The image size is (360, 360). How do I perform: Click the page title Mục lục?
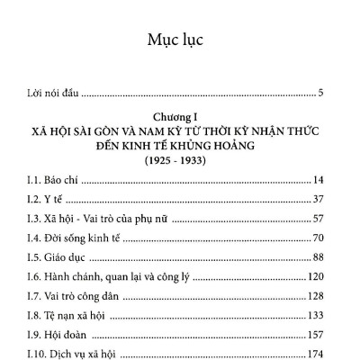click(179, 41)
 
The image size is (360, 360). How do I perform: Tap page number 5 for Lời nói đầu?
click(332, 93)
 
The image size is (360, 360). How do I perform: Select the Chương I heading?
click(180, 116)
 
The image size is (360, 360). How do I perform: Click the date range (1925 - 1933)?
click(180, 159)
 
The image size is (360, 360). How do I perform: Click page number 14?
click(328, 180)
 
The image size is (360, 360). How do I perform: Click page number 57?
click(328, 219)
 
